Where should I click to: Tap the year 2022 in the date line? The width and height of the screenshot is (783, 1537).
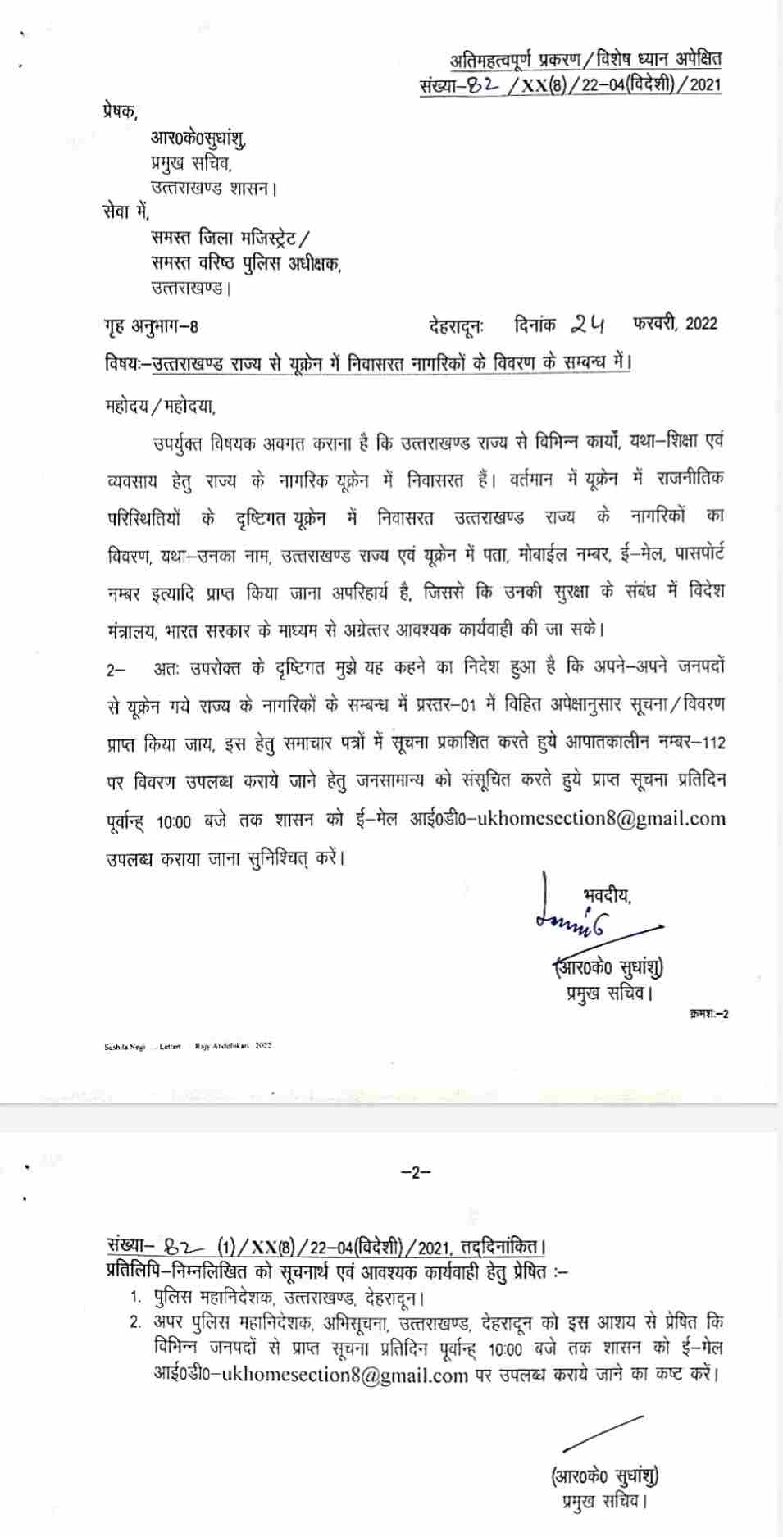point(701,323)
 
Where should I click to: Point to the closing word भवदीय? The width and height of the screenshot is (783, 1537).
point(607,896)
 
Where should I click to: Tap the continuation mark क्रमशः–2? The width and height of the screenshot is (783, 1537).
point(709,1014)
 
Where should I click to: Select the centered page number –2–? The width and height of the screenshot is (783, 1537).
point(416,1172)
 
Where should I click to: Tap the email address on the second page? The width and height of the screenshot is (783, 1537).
point(311,1375)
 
